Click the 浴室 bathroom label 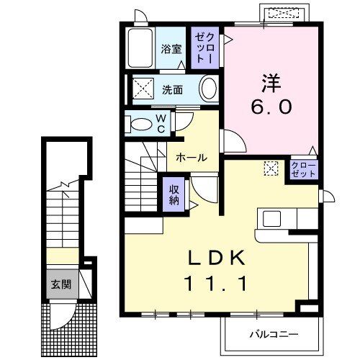click(171, 50)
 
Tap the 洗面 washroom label click(171, 90)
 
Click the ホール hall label click(192, 158)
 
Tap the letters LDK click(220, 257)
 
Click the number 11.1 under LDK click(220, 283)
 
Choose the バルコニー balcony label click(274, 333)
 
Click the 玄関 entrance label click(60, 284)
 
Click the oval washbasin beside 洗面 click(208, 90)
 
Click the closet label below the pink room click(302, 170)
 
